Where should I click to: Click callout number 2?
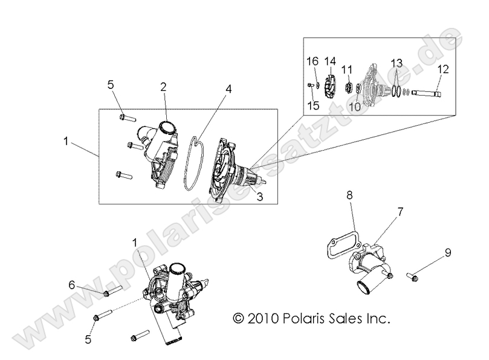pos(163,86)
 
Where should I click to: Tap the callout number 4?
pos(228,88)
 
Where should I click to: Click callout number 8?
pos(349,195)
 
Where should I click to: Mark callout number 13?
pos(396,64)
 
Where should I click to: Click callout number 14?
pos(329,62)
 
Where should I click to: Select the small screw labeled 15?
pos(310,85)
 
